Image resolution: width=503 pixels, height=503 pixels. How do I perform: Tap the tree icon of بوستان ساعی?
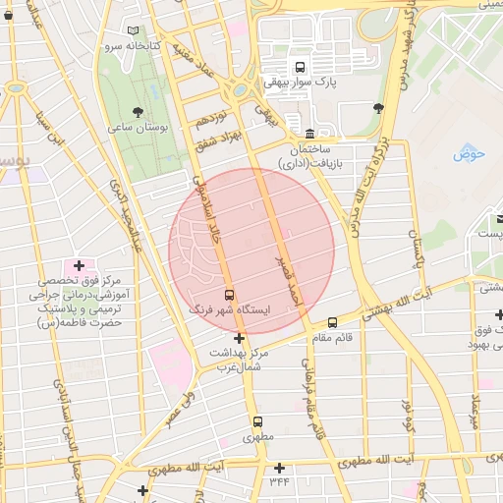(x=137, y=111)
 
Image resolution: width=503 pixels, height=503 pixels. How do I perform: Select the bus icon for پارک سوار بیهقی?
(x=327, y=66)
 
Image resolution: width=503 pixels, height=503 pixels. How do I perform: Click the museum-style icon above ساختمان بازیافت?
(x=310, y=133)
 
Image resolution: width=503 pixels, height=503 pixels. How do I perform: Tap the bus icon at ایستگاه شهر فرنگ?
(x=229, y=294)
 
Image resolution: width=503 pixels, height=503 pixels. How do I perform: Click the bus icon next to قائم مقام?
(x=332, y=322)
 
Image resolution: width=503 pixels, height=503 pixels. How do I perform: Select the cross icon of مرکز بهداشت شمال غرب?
(x=239, y=338)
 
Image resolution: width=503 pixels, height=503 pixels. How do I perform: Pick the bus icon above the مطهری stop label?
(x=256, y=420)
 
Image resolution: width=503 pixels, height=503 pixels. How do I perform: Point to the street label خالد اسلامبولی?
(x=209, y=209)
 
